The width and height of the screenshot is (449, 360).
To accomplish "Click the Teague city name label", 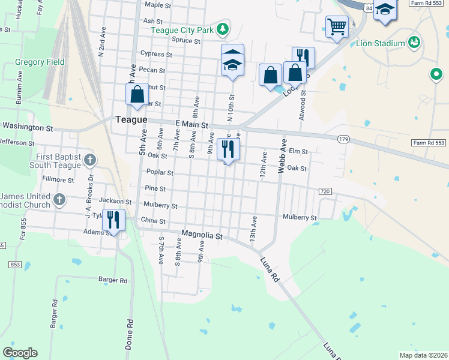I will [x=131, y=119].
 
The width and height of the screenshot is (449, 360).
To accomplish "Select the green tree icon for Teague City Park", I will [x=223, y=28].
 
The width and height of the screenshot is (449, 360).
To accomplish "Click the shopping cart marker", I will [x=337, y=26].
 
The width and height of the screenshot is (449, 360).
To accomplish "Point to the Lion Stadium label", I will [x=381, y=43].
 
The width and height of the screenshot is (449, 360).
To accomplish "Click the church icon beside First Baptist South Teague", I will [x=90, y=160].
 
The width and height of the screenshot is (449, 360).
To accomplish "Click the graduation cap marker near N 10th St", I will [x=232, y=60].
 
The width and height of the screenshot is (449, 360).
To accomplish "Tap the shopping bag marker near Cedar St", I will [x=137, y=94].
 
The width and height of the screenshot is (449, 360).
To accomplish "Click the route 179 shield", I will [x=343, y=139].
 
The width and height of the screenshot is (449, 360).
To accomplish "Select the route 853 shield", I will [x=15, y=265].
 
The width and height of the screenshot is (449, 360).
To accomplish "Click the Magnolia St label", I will [x=202, y=236].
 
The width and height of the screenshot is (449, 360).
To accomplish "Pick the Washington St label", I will [x=28, y=127].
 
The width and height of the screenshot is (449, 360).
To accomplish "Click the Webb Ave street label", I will [x=281, y=157].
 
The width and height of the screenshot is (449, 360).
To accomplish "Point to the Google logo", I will [x=20, y=353].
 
